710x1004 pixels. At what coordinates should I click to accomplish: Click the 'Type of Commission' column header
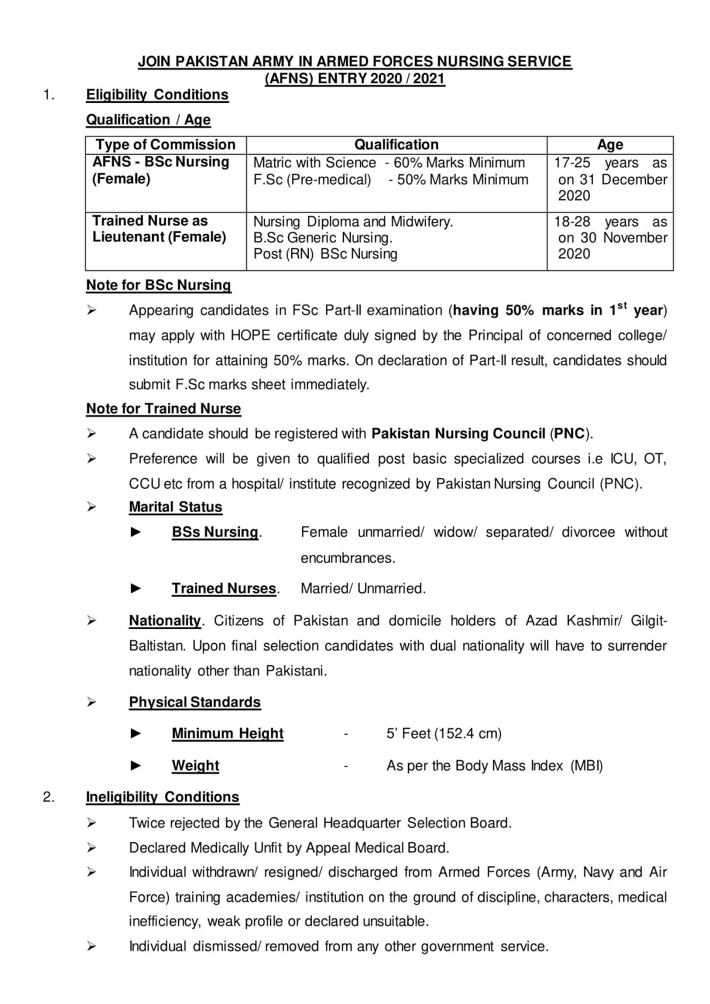165,145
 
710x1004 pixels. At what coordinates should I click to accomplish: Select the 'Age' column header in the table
609,145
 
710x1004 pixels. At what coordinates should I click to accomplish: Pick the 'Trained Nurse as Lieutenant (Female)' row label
159,229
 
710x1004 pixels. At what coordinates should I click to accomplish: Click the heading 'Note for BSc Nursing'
158,285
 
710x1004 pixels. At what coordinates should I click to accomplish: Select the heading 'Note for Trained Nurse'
163,409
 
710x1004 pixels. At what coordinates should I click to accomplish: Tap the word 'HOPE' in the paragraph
249,336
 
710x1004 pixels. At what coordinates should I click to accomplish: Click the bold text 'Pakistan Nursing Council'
458,434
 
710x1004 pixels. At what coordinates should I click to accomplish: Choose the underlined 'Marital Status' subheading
176,507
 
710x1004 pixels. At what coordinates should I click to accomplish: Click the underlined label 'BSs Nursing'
215,532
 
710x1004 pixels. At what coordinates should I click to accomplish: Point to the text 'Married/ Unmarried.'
363,589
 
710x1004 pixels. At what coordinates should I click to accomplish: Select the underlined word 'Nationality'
165,621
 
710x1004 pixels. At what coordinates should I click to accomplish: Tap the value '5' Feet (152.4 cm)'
444,734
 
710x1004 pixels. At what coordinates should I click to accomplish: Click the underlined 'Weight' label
195,766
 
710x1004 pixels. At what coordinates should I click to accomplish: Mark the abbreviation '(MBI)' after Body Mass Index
586,766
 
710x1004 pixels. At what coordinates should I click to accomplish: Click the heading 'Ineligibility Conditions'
162,797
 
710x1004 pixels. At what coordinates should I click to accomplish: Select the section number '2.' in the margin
49,797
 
